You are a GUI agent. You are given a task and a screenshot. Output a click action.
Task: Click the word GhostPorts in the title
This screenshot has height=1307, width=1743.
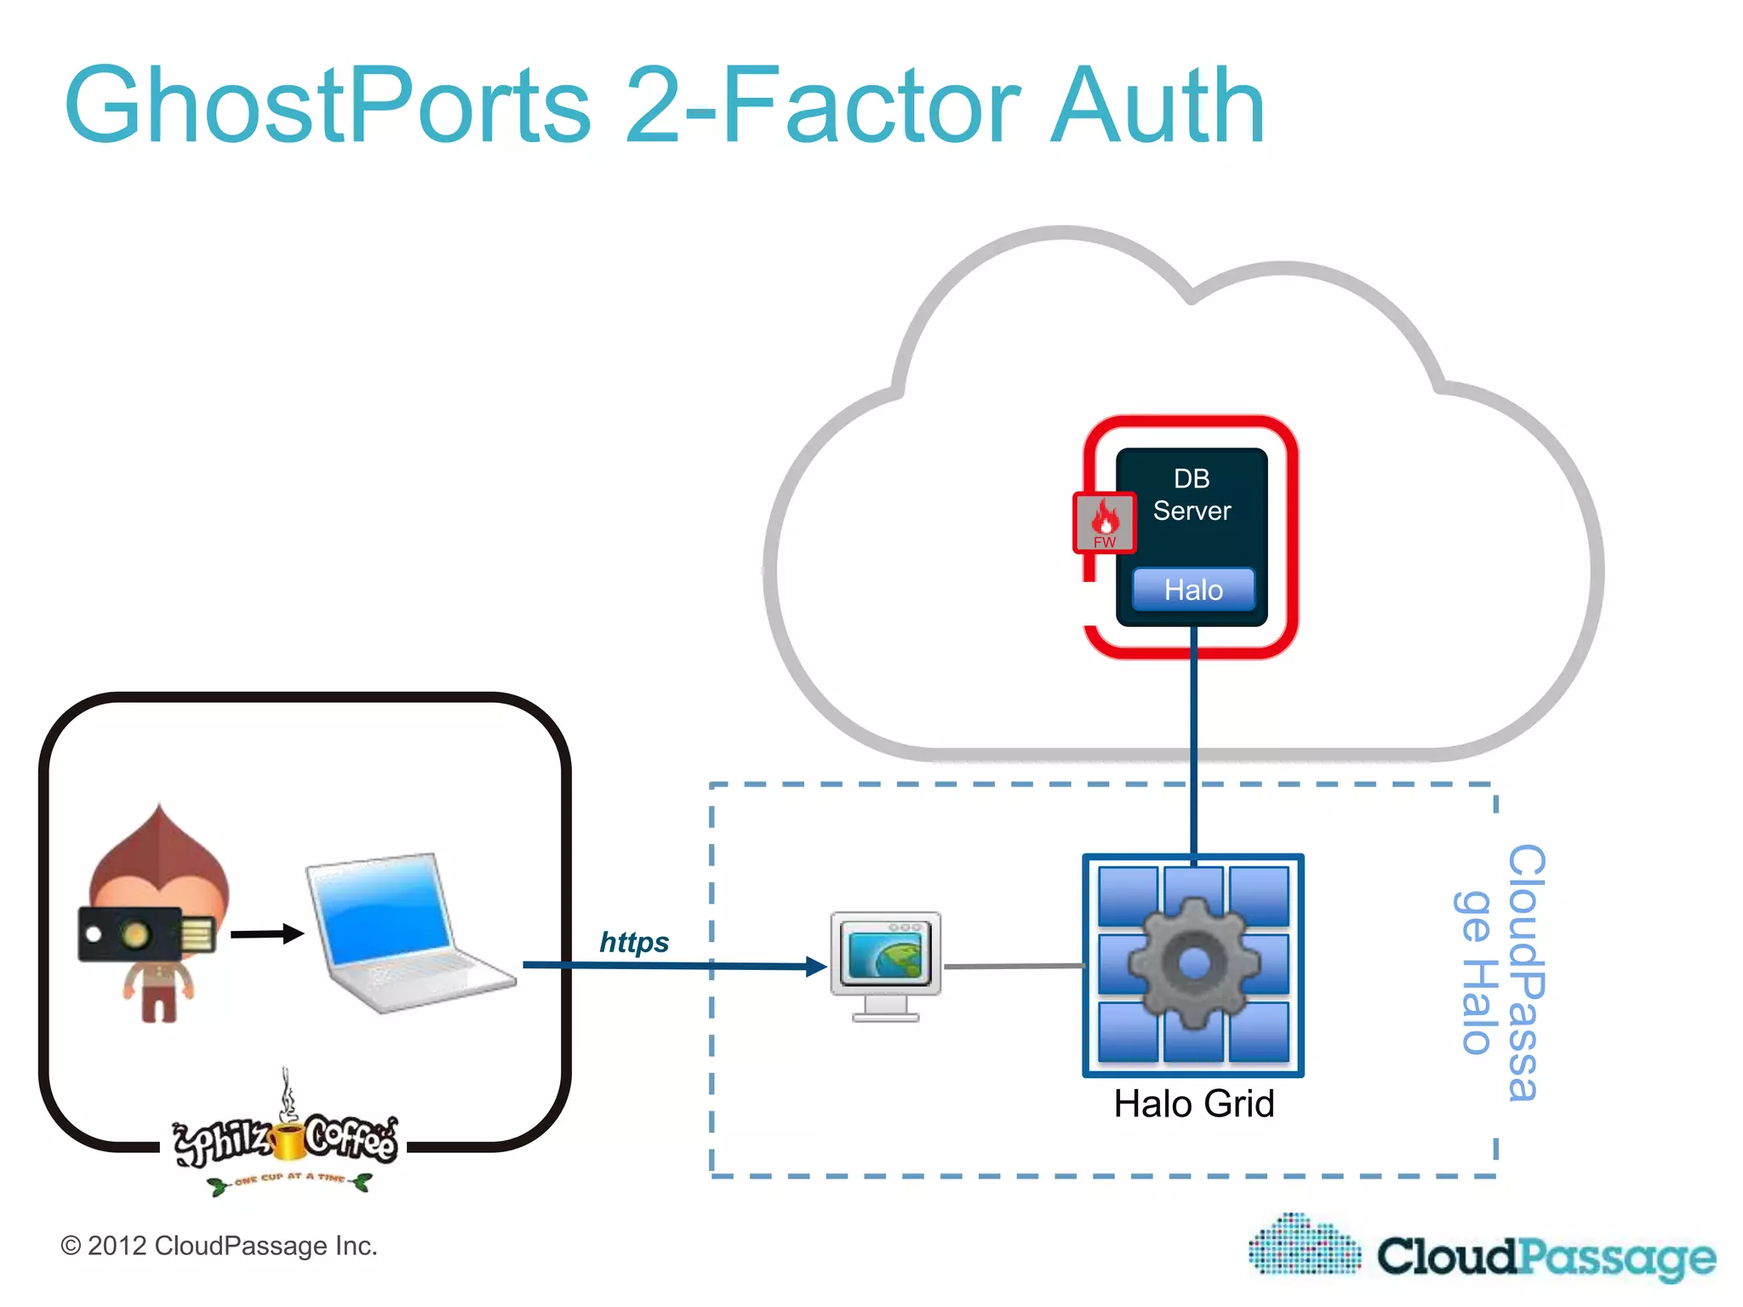[328, 106]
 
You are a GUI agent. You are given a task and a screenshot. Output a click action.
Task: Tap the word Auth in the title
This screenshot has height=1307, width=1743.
[1157, 106]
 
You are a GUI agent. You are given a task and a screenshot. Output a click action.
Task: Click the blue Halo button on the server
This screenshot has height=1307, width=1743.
[1193, 590]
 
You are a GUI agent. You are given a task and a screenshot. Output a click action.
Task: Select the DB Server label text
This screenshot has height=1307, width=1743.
[1192, 495]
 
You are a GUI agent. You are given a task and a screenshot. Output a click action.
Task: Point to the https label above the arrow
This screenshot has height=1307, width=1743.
[634, 942]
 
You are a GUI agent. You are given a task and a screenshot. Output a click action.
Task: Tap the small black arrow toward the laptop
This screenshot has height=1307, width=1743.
[267, 933]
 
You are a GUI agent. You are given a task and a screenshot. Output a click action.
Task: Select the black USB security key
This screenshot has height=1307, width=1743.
[145, 934]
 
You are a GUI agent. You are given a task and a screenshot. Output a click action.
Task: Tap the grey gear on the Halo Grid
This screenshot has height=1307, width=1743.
[1193, 964]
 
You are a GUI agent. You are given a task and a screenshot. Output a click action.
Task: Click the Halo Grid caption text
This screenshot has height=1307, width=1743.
[1193, 1104]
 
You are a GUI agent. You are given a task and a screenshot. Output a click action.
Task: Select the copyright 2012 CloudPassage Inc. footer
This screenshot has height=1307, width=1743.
[219, 1246]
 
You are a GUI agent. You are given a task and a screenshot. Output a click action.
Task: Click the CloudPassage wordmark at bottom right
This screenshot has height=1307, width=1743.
[1546, 1257]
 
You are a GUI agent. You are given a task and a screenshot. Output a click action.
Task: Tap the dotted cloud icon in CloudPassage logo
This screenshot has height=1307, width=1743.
[1305, 1247]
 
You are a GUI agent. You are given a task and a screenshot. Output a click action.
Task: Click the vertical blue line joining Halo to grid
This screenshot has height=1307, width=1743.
[1193, 740]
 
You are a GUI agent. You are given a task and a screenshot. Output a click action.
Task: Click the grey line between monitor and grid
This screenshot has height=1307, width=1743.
[1013, 966]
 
